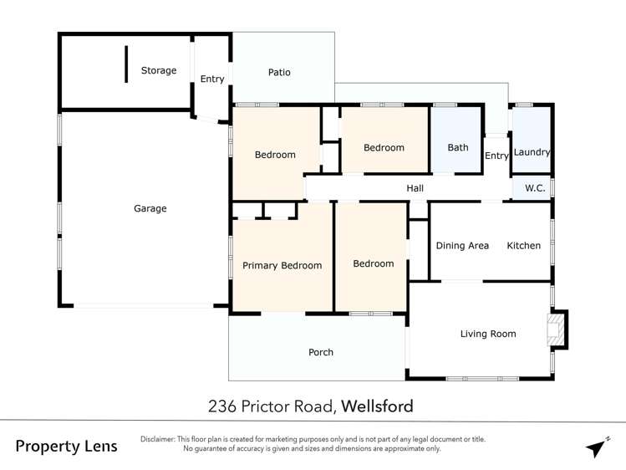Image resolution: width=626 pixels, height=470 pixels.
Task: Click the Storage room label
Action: pos(158,71)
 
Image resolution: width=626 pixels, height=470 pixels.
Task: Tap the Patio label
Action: pos(279,73)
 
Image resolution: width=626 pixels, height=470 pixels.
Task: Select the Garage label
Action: pos(150,209)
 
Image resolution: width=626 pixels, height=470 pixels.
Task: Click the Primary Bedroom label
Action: pos(282,266)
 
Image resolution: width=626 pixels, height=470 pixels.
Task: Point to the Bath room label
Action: pos(458,148)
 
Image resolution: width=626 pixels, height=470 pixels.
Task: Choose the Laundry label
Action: pos(532,152)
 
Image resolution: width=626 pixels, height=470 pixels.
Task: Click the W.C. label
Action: pos(535,189)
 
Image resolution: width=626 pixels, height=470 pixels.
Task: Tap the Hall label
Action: pos(415,189)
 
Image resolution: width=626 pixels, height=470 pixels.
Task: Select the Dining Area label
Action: pos(462,246)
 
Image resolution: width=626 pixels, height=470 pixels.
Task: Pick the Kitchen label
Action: pos(524,246)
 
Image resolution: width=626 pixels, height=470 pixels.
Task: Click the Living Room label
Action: pos(488,335)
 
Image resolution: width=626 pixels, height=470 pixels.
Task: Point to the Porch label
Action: pos(321,353)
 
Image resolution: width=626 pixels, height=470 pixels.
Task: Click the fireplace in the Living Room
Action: pos(556,330)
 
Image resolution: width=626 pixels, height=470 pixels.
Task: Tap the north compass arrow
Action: pos(596,447)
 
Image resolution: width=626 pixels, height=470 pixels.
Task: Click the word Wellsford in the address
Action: pos(378,407)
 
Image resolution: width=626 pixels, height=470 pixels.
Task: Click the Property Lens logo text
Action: pos(67,447)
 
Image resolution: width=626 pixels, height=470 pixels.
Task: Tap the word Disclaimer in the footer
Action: pos(158,439)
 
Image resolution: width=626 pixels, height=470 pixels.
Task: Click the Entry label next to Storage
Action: pos(212,79)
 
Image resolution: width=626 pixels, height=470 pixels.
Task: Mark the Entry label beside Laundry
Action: pos(496,156)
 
